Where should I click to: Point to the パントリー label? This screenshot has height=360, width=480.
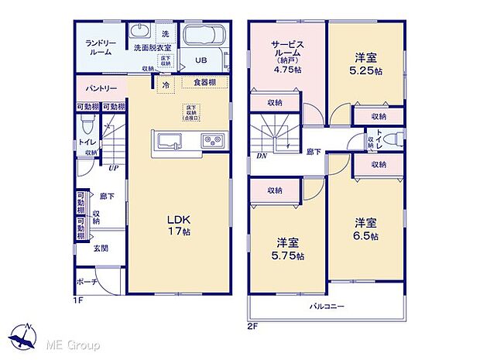(x=96, y=88)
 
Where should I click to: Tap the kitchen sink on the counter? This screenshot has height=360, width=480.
(x=170, y=141)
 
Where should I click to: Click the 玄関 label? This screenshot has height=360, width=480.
(x=101, y=249)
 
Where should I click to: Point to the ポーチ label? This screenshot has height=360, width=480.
(x=87, y=282)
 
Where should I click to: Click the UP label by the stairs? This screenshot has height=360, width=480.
(x=113, y=167)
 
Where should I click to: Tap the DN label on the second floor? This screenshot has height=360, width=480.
(x=260, y=156)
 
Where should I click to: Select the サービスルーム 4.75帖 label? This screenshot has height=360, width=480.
(x=286, y=56)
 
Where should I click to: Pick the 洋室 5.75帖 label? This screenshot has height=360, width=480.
(x=287, y=249)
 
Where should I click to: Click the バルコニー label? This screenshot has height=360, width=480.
(x=328, y=307)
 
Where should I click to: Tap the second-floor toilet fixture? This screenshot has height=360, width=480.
(x=391, y=138)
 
